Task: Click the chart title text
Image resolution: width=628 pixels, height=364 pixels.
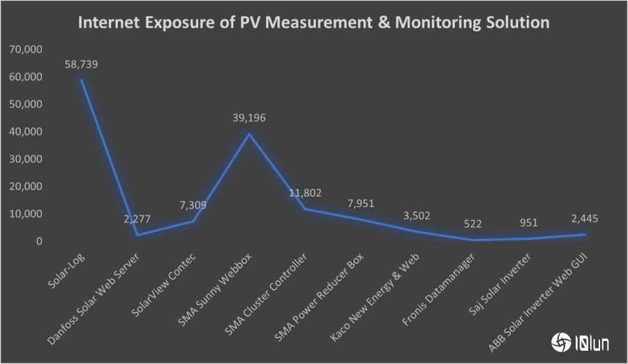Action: (x=313, y=23)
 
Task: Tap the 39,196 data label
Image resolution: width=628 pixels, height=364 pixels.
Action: (x=249, y=118)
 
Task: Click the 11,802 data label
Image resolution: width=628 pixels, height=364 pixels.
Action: (x=305, y=192)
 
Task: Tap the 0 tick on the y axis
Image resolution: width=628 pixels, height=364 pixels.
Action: (x=39, y=241)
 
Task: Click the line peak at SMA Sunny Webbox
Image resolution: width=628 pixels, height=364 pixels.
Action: (x=249, y=134)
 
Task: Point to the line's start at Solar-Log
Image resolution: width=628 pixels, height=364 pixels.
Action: (x=82, y=80)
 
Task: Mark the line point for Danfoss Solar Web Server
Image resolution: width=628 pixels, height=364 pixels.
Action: (x=137, y=235)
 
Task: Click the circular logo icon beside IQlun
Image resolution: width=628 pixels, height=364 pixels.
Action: (x=560, y=342)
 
